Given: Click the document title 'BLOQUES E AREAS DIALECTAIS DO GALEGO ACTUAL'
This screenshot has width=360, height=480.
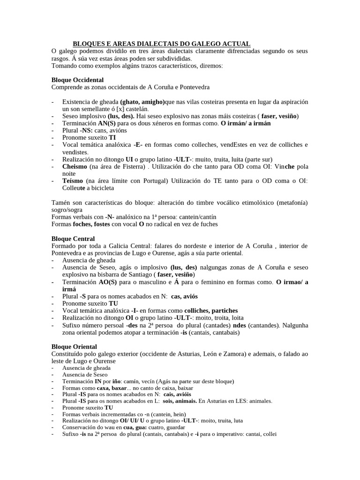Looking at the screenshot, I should [x=161, y=43].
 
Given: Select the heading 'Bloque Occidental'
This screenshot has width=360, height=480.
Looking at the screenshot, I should [x=77, y=80].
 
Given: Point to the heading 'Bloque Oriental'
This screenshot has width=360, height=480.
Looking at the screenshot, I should [x=74, y=346].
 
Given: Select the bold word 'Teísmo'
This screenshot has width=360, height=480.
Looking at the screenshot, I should [x=73, y=181].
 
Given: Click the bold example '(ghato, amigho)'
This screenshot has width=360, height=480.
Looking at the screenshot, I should [x=142, y=102].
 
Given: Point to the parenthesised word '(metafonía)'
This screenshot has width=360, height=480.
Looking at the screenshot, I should [x=290, y=202].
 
